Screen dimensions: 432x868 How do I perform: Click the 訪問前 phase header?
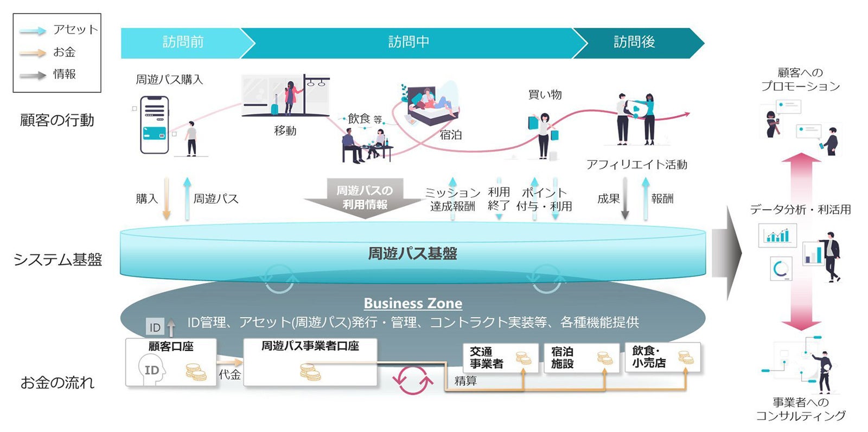183,42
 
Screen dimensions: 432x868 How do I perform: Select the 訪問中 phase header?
409,42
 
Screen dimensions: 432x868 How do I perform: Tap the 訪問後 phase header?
634,42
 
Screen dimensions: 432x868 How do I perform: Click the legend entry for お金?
64,53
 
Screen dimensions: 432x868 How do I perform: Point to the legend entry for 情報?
64,74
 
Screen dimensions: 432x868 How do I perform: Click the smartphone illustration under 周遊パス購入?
155,125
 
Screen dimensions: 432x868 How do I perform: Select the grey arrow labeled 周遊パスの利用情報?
365,198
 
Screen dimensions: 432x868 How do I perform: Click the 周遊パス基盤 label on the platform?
412,254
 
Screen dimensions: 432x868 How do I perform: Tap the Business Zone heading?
413,303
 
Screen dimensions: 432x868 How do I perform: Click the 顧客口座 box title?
171,346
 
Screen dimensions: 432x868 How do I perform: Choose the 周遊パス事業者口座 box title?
310,346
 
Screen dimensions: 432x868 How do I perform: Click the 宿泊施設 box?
581,358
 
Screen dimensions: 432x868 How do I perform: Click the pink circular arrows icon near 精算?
413,380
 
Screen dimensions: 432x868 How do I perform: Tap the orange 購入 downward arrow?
167,198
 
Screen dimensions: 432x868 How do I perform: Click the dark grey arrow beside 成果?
625,198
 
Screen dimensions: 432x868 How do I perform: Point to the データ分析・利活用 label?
800,210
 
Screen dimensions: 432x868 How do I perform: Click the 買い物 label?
545,95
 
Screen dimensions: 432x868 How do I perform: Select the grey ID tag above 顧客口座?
155,327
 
